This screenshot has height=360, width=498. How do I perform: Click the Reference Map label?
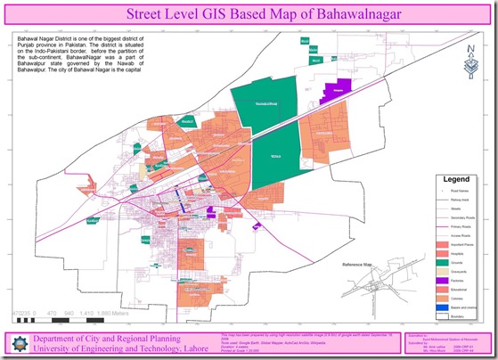point(360,265)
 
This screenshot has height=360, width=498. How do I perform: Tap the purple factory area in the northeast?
point(338,90)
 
